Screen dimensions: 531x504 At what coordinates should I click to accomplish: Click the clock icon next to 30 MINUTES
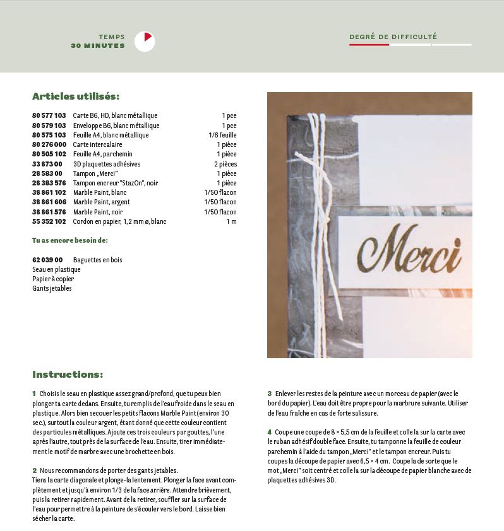145,41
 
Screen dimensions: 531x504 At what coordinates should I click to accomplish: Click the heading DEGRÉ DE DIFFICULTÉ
393,37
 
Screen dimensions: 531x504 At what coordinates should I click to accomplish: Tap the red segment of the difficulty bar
369,45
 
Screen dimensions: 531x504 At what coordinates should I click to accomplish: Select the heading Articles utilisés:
76,96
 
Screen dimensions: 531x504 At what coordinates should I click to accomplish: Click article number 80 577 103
49,116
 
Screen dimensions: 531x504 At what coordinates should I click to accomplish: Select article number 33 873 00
47,164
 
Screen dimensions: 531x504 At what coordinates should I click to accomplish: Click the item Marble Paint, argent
102,202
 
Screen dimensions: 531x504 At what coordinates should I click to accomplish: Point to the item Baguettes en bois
98,260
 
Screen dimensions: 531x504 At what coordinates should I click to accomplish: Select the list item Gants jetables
52,288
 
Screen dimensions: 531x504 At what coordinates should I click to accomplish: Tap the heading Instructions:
68,375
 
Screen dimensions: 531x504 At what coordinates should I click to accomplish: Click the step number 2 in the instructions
34,470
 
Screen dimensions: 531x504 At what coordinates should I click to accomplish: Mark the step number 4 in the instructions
269,432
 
